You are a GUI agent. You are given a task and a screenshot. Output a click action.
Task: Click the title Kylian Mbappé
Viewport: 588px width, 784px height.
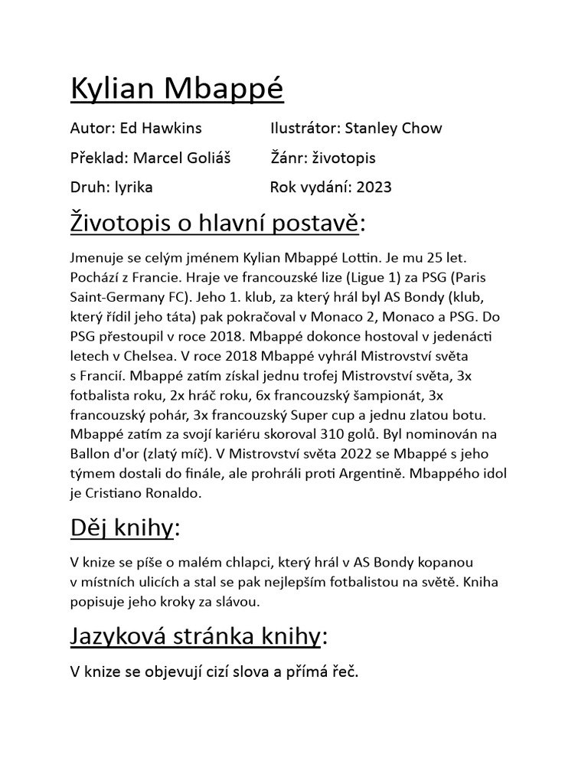point(177,90)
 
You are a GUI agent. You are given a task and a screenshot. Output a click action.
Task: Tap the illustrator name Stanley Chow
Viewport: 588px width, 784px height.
point(394,128)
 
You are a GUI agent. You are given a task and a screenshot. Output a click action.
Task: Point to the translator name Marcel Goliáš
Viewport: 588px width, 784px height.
point(181,158)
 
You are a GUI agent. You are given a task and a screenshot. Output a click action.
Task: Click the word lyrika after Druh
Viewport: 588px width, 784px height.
point(134,187)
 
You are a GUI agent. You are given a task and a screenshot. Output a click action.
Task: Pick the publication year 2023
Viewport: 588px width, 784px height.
point(373,187)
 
